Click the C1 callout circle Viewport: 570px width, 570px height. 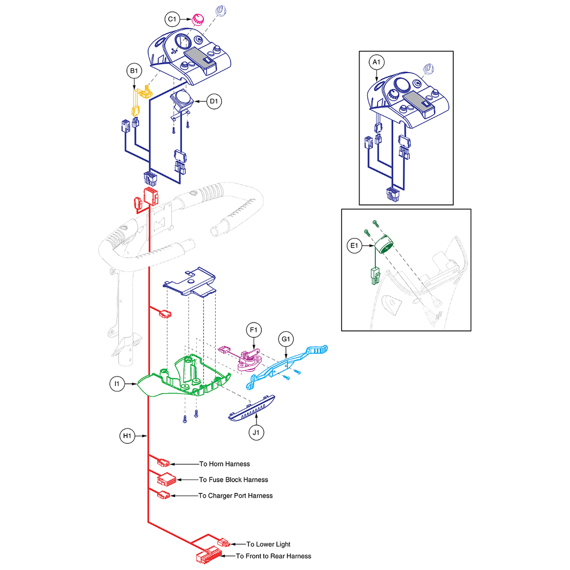tap(172, 19)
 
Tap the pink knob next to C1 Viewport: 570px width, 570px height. tap(197, 20)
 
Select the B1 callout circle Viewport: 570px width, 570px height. tap(134, 71)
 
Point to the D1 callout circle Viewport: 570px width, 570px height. tap(214, 101)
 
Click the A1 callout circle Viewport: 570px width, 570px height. tap(376, 62)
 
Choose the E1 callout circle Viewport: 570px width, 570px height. tap(354, 246)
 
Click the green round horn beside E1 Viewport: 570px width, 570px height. tap(384, 244)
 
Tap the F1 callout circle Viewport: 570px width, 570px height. tap(254, 330)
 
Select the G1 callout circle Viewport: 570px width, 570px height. tap(286, 339)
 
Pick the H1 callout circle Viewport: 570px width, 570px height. tap(127, 436)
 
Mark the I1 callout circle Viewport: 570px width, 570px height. tap(117, 384)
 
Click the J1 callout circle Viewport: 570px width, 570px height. tap(256, 432)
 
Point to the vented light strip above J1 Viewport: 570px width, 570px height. tap(252, 408)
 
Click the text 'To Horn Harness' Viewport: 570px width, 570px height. tap(225, 464)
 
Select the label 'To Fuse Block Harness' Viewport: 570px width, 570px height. tap(233, 479)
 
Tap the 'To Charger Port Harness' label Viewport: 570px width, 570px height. tap(236, 495)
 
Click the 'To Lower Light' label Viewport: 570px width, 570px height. tap(268, 544)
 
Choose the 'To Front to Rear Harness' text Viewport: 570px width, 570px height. tap(274, 556)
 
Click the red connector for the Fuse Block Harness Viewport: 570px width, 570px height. tap(167, 479)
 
